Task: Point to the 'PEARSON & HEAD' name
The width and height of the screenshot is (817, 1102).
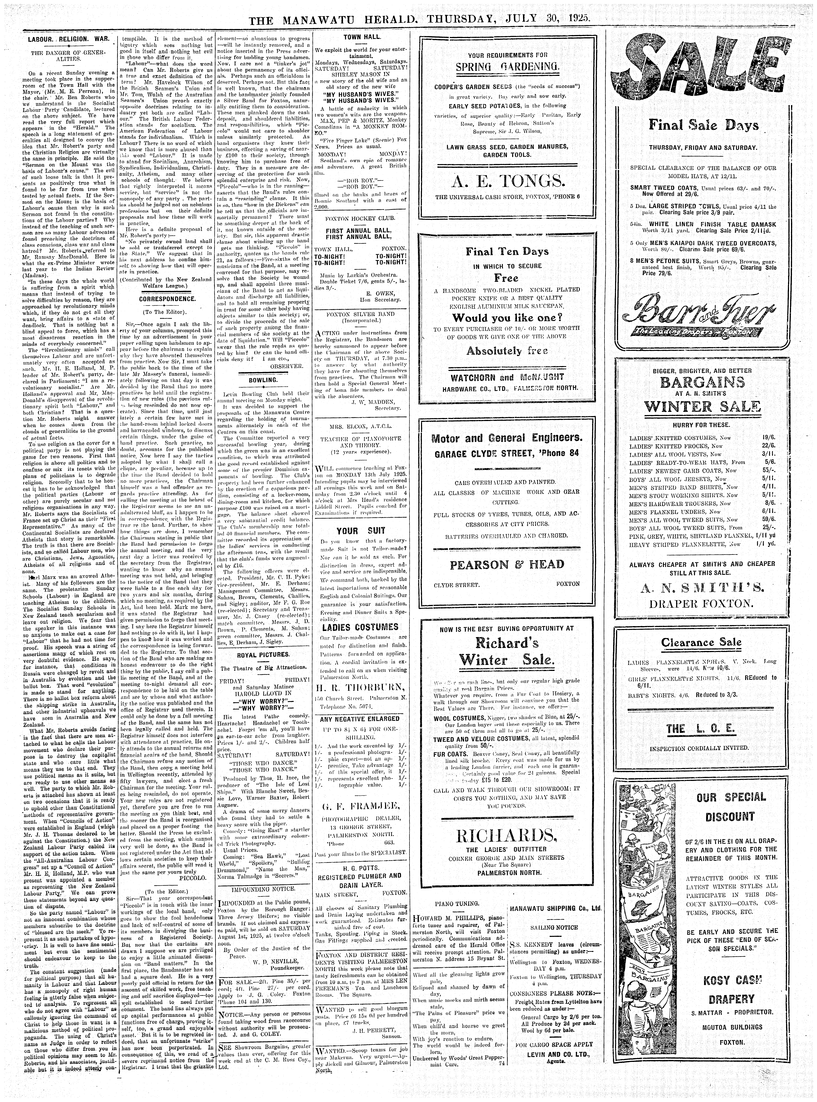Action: [x=506, y=564]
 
